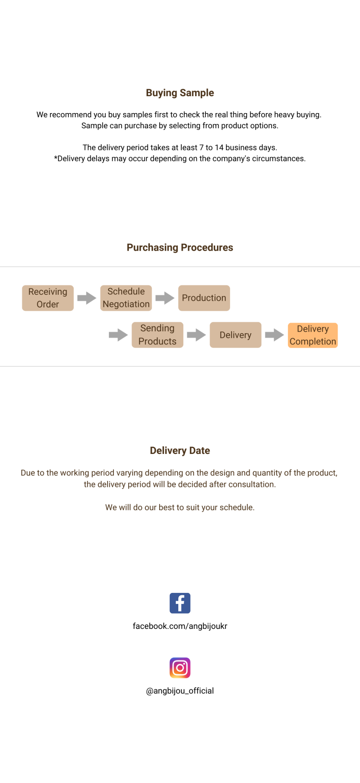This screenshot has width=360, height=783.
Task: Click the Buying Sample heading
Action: (180, 93)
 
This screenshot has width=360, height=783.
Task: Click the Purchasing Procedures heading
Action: (180, 248)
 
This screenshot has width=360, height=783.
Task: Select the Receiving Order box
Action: (48, 298)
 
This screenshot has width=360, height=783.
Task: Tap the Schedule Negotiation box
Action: (126, 298)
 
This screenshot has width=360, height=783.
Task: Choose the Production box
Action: (204, 298)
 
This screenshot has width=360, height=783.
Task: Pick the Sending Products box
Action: (157, 335)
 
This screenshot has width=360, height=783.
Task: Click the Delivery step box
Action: (235, 335)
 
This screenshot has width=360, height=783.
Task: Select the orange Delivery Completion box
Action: (313, 335)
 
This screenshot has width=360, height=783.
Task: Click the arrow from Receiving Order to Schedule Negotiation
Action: (87, 298)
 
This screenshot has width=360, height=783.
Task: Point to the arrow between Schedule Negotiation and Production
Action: (165, 298)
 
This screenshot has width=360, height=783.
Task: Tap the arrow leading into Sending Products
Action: (119, 335)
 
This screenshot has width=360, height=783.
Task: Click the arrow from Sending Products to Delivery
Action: (197, 335)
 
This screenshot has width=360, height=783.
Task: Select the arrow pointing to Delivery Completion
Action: (274, 335)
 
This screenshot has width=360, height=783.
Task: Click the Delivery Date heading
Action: (180, 451)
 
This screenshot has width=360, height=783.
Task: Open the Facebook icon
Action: (180, 603)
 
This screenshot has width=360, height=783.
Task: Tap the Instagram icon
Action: (180, 668)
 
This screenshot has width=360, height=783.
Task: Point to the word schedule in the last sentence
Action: (236, 507)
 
